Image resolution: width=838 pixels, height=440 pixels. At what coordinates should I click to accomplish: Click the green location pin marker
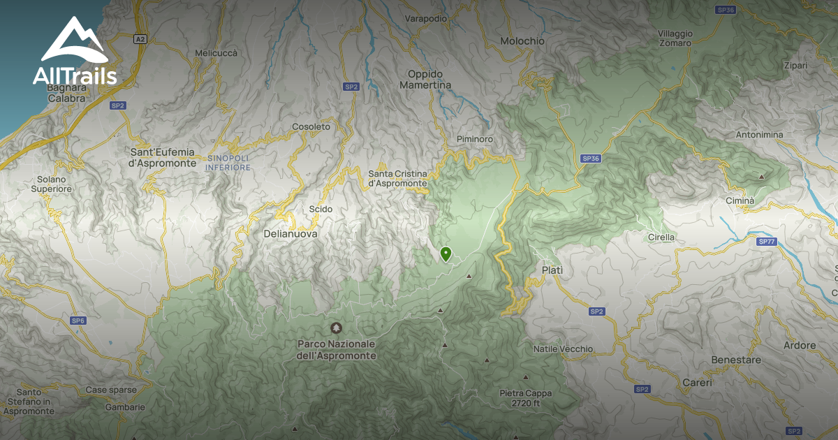pyautogui.click(x=446, y=254)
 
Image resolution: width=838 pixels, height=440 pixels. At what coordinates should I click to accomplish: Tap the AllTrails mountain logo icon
pyautogui.click(x=73, y=41)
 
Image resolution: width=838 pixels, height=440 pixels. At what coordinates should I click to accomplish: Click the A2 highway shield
pyautogui.click(x=141, y=40)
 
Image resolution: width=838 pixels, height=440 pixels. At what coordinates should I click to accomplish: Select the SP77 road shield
pyautogui.click(x=766, y=241)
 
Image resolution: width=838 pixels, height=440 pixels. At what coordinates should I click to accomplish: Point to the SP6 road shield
pyautogui.click(x=78, y=321)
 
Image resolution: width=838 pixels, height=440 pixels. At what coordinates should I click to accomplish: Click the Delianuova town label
pyautogui.click(x=291, y=234)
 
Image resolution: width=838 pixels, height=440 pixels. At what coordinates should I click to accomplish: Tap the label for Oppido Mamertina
pyautogui.click(x=425, y=79)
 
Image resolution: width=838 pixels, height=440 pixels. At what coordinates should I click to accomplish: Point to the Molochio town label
pyautogui.click(x=522, y=41)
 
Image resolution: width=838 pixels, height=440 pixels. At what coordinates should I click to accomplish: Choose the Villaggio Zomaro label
pyautogui.click(x=675, y=38)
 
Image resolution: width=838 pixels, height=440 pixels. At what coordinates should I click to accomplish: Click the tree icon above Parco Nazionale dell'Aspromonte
pyautogui.click(x=337, y=328)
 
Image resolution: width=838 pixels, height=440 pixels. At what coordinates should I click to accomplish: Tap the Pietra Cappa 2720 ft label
pyautogui.click(x=526, y=398)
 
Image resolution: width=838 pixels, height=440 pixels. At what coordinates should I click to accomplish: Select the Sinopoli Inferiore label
pyautogui.click(x=228, y=163)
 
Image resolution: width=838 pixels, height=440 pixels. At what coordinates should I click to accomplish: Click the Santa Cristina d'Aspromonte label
pyautogui.click(x=397, y=178)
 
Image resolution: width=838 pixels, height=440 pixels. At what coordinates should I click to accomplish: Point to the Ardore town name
pyautogui.click(x=799, y=345)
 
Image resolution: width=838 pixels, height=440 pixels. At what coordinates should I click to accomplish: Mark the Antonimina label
pyautogui.click(x=759, y=134)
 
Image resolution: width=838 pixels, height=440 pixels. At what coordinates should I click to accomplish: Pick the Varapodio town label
pyautogui.click(x=425, y=19)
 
